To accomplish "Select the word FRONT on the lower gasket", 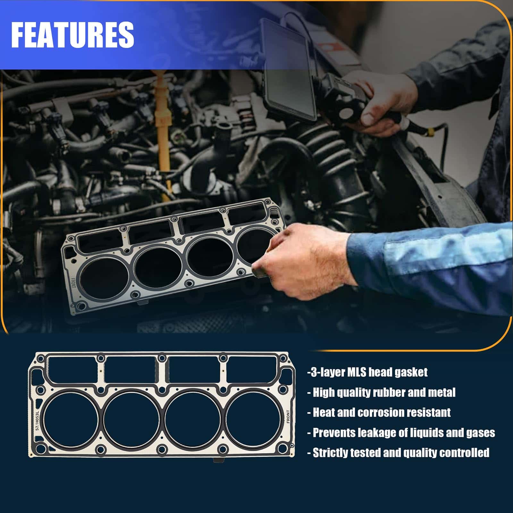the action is coord(288,417).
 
